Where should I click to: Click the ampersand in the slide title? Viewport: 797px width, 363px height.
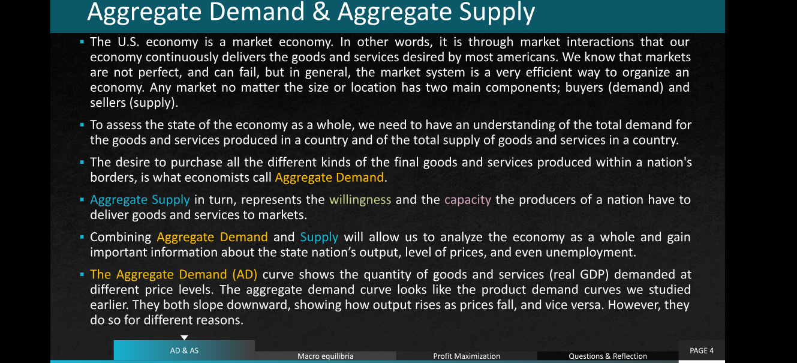[x=321, y=11]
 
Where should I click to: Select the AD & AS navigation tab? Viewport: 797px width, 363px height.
[x=184, y=350]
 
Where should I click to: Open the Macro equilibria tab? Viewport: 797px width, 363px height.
[x=325, y=356]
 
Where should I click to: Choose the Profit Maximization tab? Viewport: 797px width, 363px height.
[x=467, y=356]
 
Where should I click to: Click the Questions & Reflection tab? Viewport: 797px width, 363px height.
[x=607, y=356]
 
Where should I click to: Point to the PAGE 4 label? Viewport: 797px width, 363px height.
[x=702, y=350]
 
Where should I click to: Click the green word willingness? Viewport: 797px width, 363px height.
[x=360, y=200]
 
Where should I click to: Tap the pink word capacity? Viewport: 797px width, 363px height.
[x=468, y=200]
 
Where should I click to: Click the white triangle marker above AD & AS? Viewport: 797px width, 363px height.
[x=184, y=337]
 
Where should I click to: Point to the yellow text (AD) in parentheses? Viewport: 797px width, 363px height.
[x=245, y=275]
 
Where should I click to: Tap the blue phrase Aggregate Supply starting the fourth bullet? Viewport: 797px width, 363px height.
[x=140, y=200]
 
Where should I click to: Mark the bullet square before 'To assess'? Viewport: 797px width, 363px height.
[x=82, y=125]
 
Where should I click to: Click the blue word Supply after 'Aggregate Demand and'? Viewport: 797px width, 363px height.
[x=319, y=238]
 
